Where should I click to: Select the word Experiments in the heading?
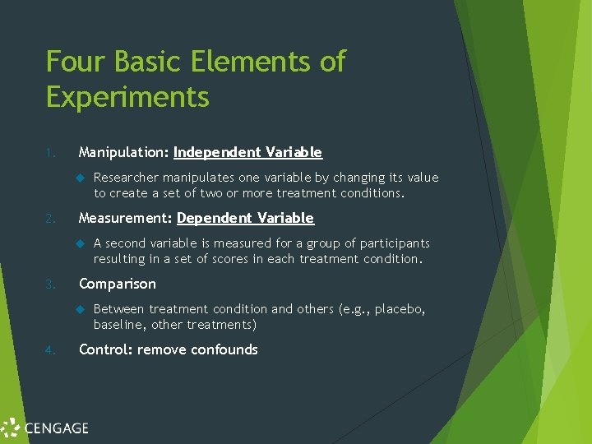pos(127,97)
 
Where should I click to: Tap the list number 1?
pos(50,153)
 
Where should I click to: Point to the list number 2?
pos(50,219)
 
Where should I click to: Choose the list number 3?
pos(50,284)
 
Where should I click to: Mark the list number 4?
pos(50,350)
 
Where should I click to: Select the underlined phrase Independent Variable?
pos(247,152)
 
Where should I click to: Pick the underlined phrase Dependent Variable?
pos(245,218)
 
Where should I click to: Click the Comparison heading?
pos(117,284)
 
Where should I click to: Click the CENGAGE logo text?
pos(56,428)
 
